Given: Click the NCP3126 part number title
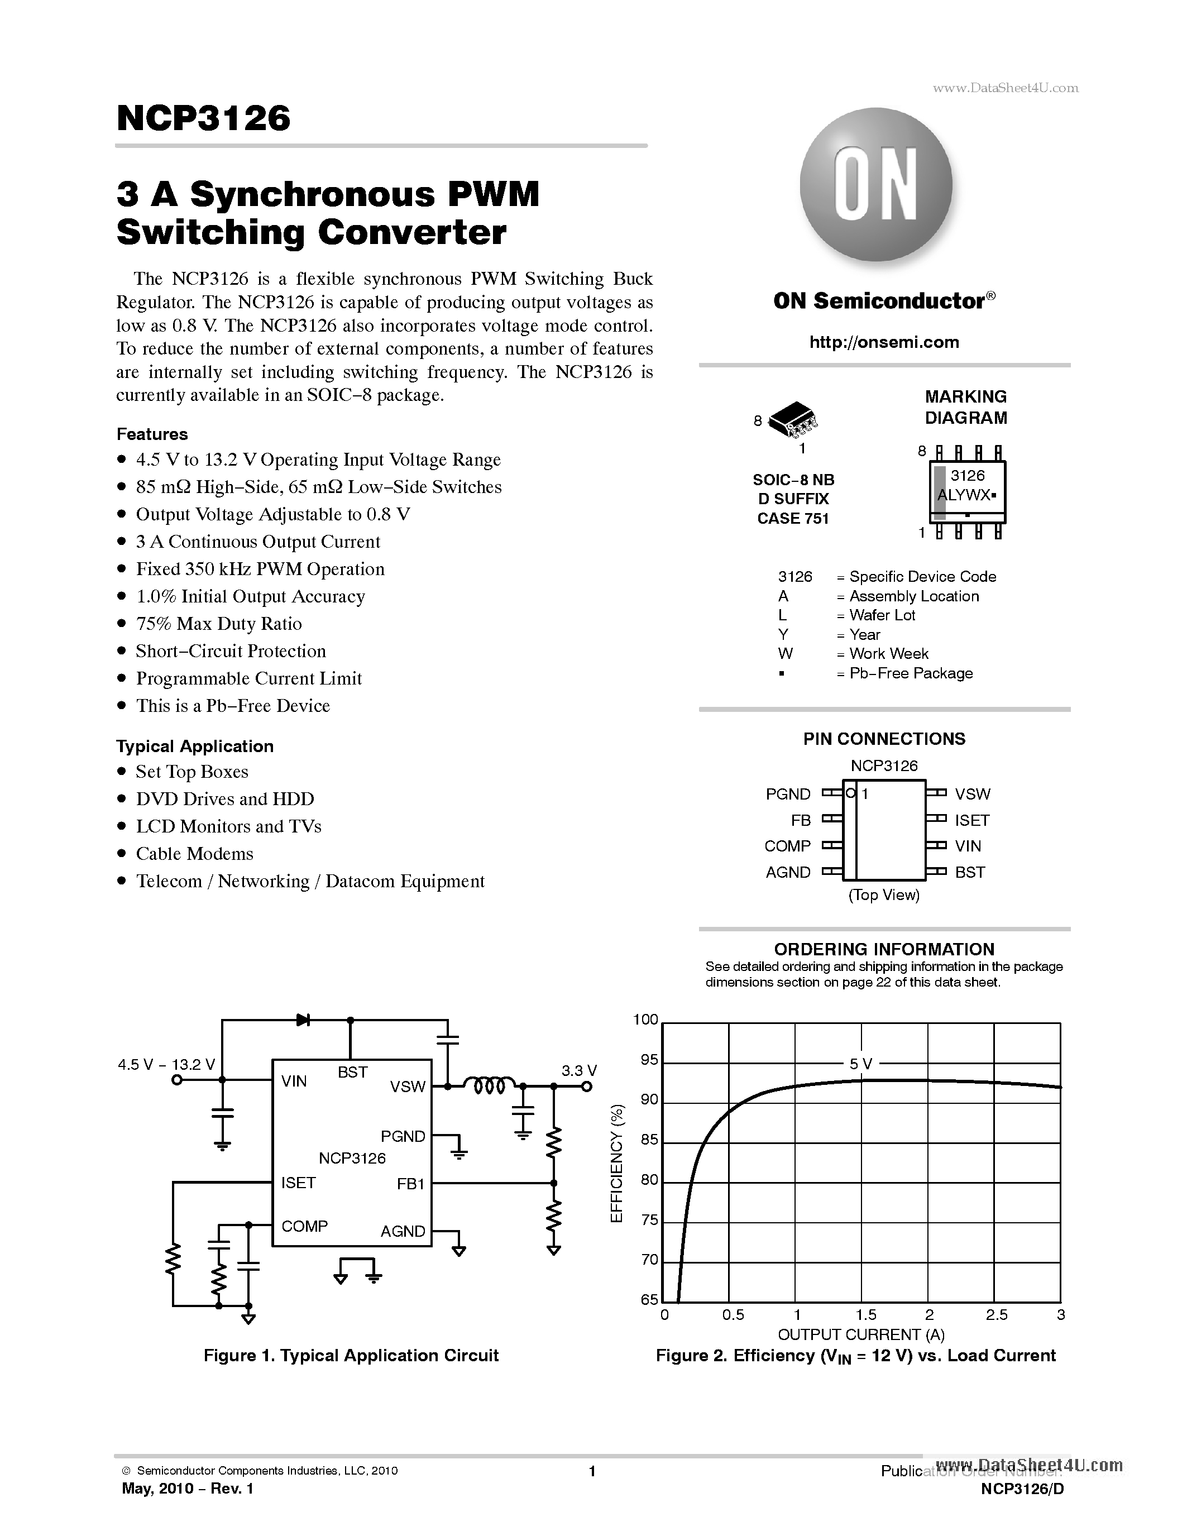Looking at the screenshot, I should pos(203,118).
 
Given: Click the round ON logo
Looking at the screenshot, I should pos(876,184).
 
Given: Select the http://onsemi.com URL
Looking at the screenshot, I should pos(884,342).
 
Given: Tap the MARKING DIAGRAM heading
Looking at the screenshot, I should pos(965,407).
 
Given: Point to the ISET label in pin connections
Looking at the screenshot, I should pos(972,820).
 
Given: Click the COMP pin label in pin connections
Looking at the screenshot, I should pos(788,846).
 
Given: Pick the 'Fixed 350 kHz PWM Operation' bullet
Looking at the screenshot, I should pos(260,569).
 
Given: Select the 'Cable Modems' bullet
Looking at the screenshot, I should pos(194,854).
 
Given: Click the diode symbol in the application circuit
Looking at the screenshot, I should pos(304,1020).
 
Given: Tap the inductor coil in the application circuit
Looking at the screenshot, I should pos(490,1087).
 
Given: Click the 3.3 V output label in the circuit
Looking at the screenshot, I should pos(579,1070).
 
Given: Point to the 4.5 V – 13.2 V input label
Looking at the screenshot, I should pos(166,1065).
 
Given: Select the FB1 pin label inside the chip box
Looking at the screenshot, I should pos(411,1184).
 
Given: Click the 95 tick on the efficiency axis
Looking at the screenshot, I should pos(648,1060).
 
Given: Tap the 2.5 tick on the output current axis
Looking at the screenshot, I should pos(997,1314).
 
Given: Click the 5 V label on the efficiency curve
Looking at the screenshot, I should pos(860,1064).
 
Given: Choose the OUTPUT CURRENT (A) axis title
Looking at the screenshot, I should pos(861,1334).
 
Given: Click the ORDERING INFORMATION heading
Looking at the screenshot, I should pos(884,949).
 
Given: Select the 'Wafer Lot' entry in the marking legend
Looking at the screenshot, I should pos(882,615).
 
